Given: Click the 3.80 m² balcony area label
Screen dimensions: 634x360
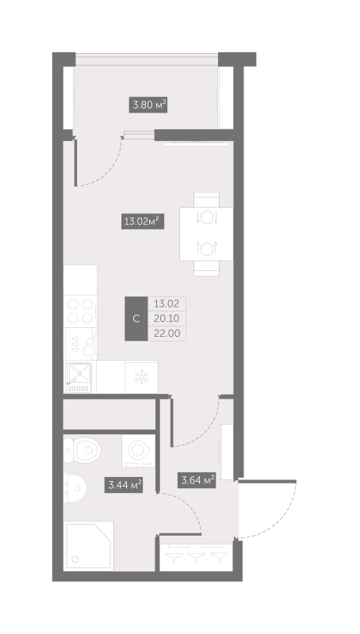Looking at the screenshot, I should (x=148, y=104).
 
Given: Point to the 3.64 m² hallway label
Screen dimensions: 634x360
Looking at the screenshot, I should (x=197, y=479).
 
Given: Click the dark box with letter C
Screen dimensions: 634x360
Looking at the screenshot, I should (x=136, y=319).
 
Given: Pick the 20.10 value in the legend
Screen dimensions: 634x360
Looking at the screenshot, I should (x=166, y=319).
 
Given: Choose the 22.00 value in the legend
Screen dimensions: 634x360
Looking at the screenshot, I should (x=166, y=334).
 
